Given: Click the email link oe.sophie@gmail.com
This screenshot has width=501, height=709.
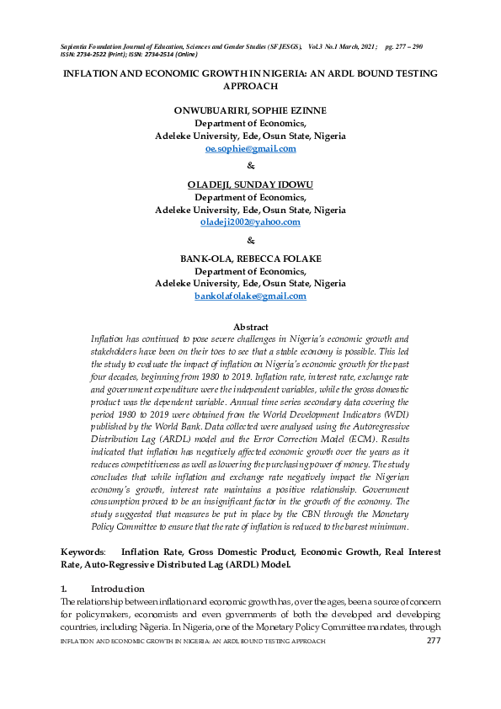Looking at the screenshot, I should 250,148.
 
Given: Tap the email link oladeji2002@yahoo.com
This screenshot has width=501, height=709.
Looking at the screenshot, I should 250,222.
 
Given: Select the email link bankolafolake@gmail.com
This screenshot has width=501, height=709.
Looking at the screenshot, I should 250,296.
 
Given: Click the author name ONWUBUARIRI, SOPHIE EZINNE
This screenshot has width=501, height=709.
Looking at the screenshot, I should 250,110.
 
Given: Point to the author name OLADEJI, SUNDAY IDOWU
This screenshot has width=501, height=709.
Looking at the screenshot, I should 250,184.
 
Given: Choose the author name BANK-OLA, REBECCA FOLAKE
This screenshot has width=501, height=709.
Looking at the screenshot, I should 250,259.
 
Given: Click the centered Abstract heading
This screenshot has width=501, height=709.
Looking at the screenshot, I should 250,328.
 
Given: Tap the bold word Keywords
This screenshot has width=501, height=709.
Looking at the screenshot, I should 82,528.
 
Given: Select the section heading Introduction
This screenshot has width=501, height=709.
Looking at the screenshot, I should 117,565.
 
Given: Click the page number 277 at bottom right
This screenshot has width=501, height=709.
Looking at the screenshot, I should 434,642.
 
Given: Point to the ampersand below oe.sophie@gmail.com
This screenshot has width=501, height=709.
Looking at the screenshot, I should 250,166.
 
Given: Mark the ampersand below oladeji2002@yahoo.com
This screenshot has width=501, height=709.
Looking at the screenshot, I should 250,240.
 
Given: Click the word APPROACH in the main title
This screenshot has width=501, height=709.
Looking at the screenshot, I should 250,86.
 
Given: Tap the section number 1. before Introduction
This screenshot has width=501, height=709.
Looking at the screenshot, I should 64,565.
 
